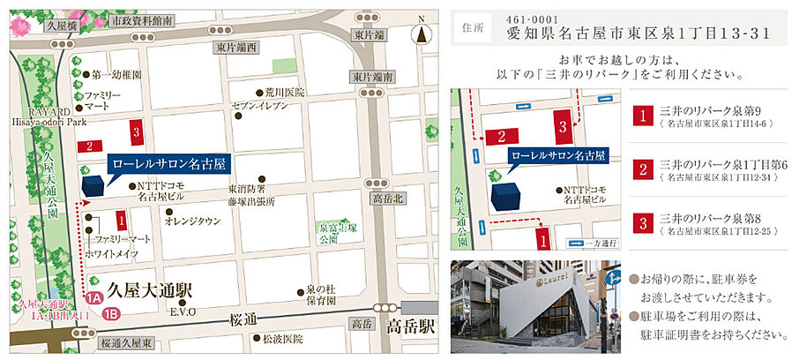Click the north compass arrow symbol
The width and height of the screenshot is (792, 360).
(422, 34)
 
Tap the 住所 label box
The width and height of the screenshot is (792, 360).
(473, 27)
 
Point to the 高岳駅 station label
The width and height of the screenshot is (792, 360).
(412, 327)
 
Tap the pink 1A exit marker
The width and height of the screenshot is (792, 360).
(93, 298)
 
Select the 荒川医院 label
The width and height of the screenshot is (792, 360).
(284, 92)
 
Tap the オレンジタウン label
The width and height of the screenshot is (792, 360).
(191, 221)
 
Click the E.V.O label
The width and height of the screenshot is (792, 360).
(182, 311)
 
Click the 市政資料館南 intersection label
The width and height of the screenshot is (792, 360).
(142, 19)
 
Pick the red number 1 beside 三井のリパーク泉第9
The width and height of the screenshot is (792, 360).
(645, 116)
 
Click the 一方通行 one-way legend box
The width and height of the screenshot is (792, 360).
(591, 243)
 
